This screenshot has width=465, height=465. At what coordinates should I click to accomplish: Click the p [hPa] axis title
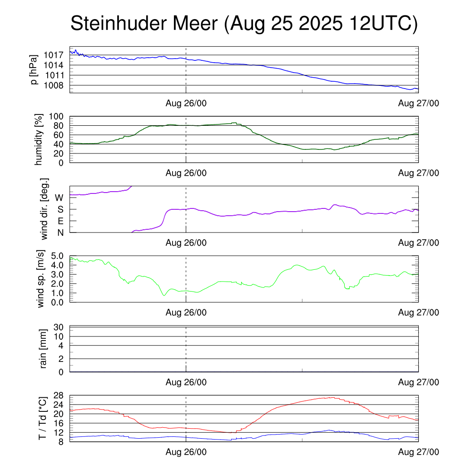(x=33, y=70)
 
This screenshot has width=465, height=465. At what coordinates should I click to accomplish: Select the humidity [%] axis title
(x=39, y=139)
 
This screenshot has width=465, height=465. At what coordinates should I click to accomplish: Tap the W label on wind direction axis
(x=59, y=198)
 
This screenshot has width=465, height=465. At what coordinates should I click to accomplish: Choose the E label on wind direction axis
(x=60, y=221)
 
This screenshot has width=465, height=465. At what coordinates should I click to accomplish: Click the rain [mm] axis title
(x=44, y=349)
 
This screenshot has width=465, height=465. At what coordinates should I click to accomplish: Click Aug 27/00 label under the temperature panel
(x=418, y=452)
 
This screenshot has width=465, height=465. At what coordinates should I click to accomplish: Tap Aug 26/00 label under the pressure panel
(x=186, y=103)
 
